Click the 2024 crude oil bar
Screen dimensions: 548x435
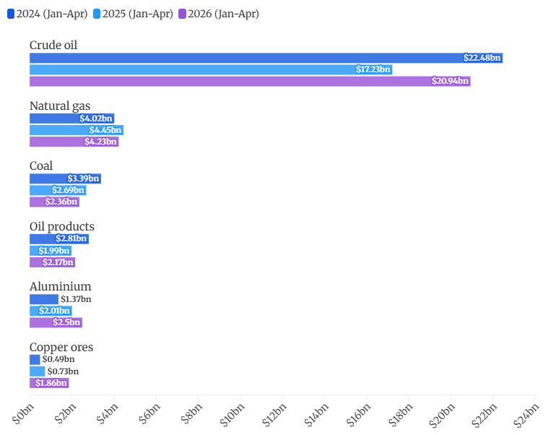pyautogui.click(x=266, y=58)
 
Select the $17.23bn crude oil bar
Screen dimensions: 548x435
pyautogui.click(x=211, y=69)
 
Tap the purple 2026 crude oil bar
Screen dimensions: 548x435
pyautogui.click(x=250, y=81)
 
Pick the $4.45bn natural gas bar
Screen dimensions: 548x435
pyautogui.click(x=77, y=130)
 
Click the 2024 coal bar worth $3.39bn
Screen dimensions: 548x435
pyautogui.click(x=66, y=178)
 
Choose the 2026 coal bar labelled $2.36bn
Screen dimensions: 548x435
pyautogui.click(x=55, y=202)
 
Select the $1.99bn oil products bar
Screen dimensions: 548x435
pyautogui.click(x=51, y=251)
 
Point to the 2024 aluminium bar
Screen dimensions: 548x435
pyautogui.click(x=44, y=299)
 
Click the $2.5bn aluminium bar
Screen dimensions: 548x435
pyautogui.click(x=56, y=322)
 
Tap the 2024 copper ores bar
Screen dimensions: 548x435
pyautogui.click(x=35, y=359)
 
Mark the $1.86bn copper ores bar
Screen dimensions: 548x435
pyautogui.click(x=49, y=383)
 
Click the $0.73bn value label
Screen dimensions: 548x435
pyautogui.click(x=63, y=371)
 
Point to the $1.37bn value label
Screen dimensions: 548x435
pyautogui.click(x=76, y=299)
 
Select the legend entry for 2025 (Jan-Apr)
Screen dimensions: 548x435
pyautogui.click(x=133, y=14)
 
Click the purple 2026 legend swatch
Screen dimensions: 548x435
pyautogui.click(x=182, y=14)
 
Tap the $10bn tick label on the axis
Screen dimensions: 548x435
pyautogui.click(x=232, y=415)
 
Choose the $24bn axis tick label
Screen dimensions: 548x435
pyautogui.click(x=526, y=415)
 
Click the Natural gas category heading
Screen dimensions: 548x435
pyautogui.click(x=60, y=106)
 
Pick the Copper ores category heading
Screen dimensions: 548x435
pyautogui.click(x=61, y=348)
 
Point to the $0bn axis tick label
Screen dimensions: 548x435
pyautogui.click(x=23, y=413)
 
